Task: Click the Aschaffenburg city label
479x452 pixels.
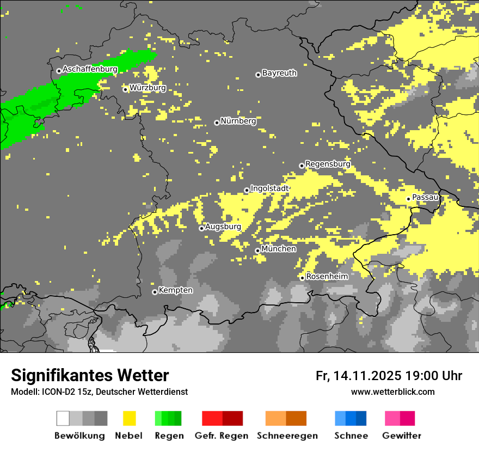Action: click(90, 69)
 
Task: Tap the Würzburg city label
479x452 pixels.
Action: click(148, 88)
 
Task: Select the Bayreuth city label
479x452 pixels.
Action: click(279, 72)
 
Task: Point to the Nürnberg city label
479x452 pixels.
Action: click(238, 121)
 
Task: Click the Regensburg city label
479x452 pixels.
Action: click(328, 163)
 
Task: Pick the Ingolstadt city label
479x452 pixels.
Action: click(269, 188)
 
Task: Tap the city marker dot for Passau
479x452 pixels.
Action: click(408, 199)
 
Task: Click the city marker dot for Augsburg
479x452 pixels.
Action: click(201, 228)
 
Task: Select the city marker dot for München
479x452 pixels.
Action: click(257, 251)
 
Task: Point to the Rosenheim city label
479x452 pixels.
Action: click(327, 276)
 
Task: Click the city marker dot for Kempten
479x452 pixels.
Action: click(155, 292)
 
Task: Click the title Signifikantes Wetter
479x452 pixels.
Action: click(90, 375)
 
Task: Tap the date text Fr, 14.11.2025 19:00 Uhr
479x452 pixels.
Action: click(389, 376)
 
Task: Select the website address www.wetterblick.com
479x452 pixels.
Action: click(392, 392)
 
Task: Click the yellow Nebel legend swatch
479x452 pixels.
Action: click(129, 418)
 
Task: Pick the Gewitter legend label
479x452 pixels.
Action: click(401, 436)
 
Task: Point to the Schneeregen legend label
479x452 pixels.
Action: click(287, 436)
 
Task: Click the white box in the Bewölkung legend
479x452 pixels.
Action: click(63, 418)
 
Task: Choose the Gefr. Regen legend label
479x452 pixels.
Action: click(221, 436)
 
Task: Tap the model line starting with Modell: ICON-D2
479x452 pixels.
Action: click(99, 392)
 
